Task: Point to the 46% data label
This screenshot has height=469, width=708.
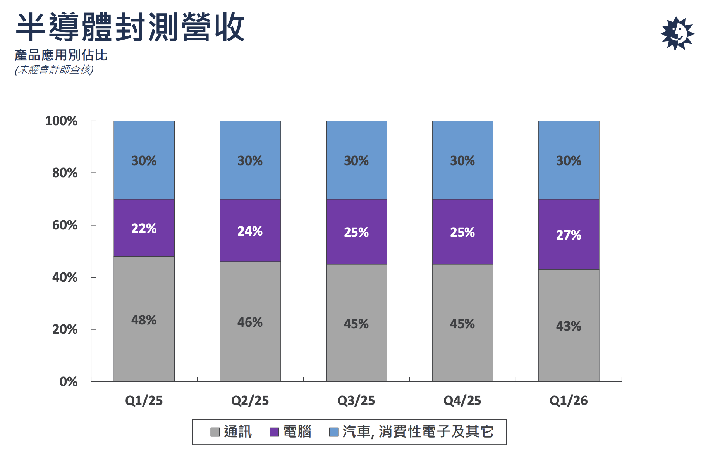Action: coord(250,322)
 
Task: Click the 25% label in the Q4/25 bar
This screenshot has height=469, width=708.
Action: coord(462,233)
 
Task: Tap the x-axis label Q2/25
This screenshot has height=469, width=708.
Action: coord(250,400)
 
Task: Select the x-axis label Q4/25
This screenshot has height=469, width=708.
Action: coord(462,400)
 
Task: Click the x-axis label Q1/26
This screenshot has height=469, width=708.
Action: coord(569,400)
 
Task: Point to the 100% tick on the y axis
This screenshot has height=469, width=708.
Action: coord(61,121)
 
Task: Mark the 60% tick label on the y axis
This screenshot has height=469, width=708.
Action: coord(65,225)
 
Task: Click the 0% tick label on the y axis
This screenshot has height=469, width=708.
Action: coord(68,382)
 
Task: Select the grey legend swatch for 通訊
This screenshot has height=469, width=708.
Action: coord(215,432)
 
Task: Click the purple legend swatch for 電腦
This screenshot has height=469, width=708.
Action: coord(274,432)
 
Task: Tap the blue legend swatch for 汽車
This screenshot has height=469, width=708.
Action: coord(333,432)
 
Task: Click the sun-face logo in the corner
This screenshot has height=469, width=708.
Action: coord(677,34)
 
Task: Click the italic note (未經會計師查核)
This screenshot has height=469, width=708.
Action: coord(54,70)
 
